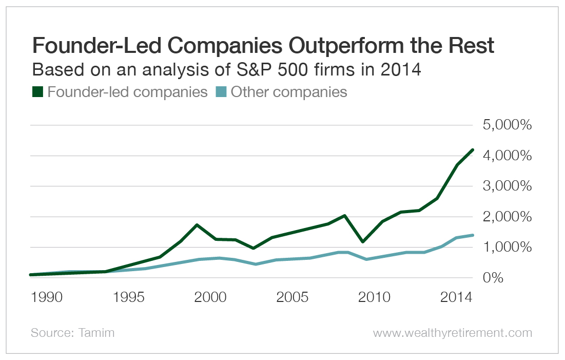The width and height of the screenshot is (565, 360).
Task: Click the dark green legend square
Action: [x=37, y=92]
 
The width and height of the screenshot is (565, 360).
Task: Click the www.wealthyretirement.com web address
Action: [x=452, y=333]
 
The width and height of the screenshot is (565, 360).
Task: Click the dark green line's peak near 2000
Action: [x=197, y=225]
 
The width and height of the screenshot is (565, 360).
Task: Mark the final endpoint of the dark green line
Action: [x=473, y=149]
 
